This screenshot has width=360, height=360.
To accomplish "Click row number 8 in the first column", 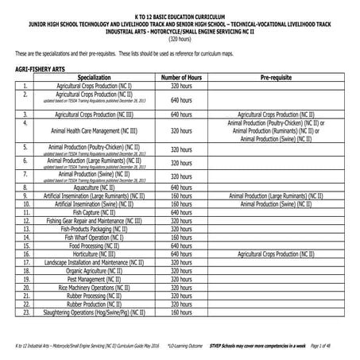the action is (x=25, y=187).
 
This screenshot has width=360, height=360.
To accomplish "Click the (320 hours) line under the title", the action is (x=180, y=37).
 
